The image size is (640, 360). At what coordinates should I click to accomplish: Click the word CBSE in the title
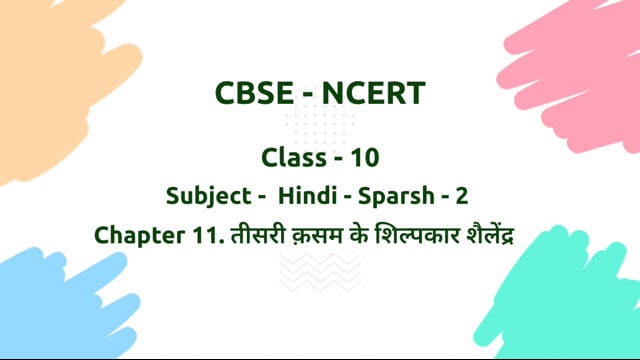coord(252,93)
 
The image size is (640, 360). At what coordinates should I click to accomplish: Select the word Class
coord(292,157)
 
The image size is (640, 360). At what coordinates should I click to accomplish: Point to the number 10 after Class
coord(364,157)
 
